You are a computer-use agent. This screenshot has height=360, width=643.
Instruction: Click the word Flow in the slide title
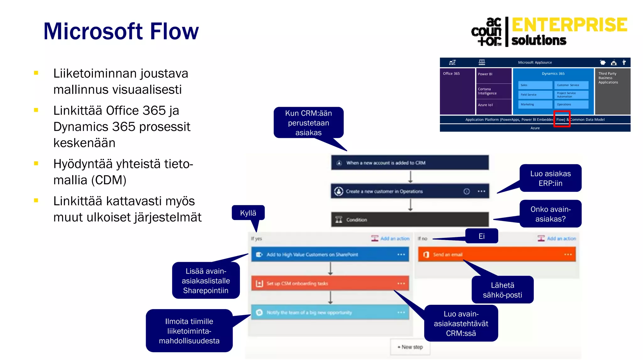click(174, 31)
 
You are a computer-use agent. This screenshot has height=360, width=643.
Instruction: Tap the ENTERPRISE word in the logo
click(569, 25)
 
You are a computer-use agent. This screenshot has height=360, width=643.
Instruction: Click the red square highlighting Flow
click(562, 119)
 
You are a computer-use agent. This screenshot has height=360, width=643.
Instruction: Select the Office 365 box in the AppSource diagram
click(457, 91)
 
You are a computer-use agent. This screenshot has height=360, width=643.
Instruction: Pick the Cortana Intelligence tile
click(494, 91)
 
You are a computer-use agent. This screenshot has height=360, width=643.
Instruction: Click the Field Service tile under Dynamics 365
click(535, 94)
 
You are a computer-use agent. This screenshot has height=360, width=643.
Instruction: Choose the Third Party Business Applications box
click(612, 91)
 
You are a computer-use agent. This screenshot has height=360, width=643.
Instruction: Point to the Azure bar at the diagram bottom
click(535, 128)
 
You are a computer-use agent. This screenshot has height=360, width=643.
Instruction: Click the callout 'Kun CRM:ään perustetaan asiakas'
click(308, 123)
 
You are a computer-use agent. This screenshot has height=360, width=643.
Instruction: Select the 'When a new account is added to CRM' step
click(410, 163)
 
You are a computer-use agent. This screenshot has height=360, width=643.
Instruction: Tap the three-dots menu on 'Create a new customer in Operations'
click(481, 191)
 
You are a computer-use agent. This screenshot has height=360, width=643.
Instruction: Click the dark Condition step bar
click(410, 220)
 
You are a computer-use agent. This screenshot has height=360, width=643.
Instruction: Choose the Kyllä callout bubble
click(248, 213)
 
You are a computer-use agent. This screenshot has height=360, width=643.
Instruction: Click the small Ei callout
click(481, 236)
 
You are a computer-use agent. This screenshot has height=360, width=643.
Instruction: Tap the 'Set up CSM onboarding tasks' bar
click(330, 283)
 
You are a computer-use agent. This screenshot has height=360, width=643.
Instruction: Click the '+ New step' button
click(410, 347)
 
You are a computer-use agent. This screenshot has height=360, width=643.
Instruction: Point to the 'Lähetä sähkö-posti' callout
click(502, 290)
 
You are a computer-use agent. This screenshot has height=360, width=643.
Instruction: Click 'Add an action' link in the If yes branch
click(394, 239)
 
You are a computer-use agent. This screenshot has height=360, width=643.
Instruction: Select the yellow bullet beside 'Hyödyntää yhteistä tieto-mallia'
click(36, 164)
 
